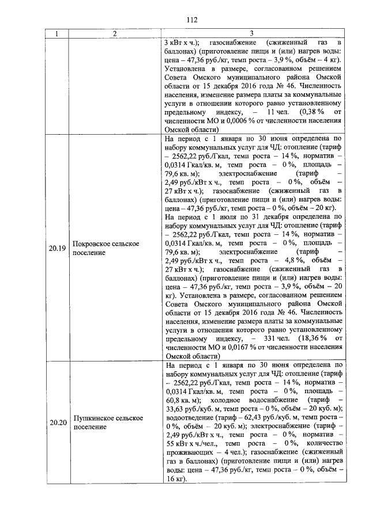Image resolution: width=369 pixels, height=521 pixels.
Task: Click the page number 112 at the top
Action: [x=193, y=20]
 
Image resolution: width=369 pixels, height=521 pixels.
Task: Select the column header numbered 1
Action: [x=57, y=33]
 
